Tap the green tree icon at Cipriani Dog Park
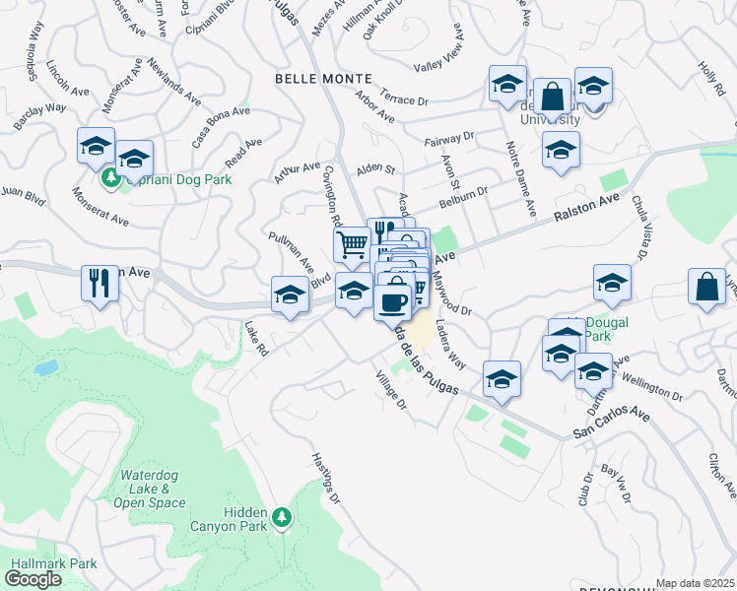pyautogui.click(x=109, y=178)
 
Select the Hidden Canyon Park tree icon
pyautogui.click(x=283, y=516)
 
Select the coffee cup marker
pyautogui.click(x=393, y=302)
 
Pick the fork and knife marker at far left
pyautogui.click(x=100, y=284)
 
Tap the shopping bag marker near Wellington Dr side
pyautogui.click(x=710, y=289)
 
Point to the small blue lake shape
pyautogui.click(x=44, y=368)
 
